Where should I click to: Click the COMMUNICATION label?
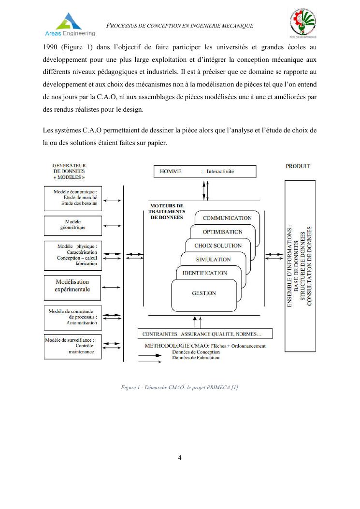(x=227, y=218)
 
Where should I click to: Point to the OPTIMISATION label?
(x=222, y=232)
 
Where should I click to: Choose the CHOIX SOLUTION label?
(x=218, y=246)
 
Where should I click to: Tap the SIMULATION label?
(x=213, y=260)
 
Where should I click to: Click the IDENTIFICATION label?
(x=204, y=273)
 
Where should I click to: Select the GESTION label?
(x=204, y=293)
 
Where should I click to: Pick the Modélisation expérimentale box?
(x=72, y=286)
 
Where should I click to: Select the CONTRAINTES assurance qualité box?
(x=205, y=334)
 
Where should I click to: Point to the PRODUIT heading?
(x=298, y=166)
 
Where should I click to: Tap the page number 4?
(x=180, y=458)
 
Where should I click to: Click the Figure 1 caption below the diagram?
(x=180, y=388)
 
